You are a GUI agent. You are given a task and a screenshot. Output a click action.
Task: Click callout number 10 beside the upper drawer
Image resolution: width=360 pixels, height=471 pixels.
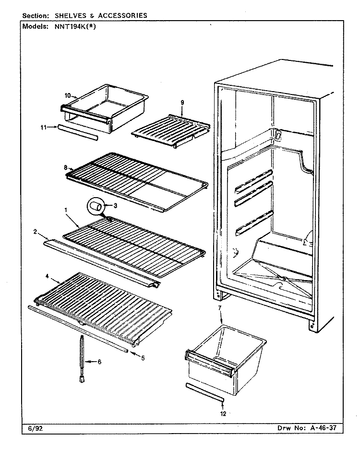point(68,95)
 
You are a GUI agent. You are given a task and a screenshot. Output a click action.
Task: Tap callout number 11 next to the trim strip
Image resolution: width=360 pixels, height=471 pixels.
point(44,128)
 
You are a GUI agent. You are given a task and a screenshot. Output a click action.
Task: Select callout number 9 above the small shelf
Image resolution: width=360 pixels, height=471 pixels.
point(182,103)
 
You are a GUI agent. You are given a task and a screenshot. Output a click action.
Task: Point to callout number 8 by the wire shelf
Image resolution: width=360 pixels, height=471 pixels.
point(65,168)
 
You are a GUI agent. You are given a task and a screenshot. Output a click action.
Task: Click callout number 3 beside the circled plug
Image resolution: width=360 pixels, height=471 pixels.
point(115,206)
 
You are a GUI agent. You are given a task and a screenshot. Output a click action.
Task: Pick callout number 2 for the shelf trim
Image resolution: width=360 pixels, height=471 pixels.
point(35,232)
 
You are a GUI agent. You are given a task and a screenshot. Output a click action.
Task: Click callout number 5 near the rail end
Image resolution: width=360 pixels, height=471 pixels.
point(143,358)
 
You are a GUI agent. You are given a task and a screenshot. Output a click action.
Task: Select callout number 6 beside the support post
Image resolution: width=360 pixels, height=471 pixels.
point(99,362)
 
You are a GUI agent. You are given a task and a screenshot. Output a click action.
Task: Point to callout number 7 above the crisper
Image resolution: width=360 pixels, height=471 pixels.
point(220,308)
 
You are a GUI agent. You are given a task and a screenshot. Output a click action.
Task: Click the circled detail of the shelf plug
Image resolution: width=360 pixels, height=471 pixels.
point(95,206)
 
